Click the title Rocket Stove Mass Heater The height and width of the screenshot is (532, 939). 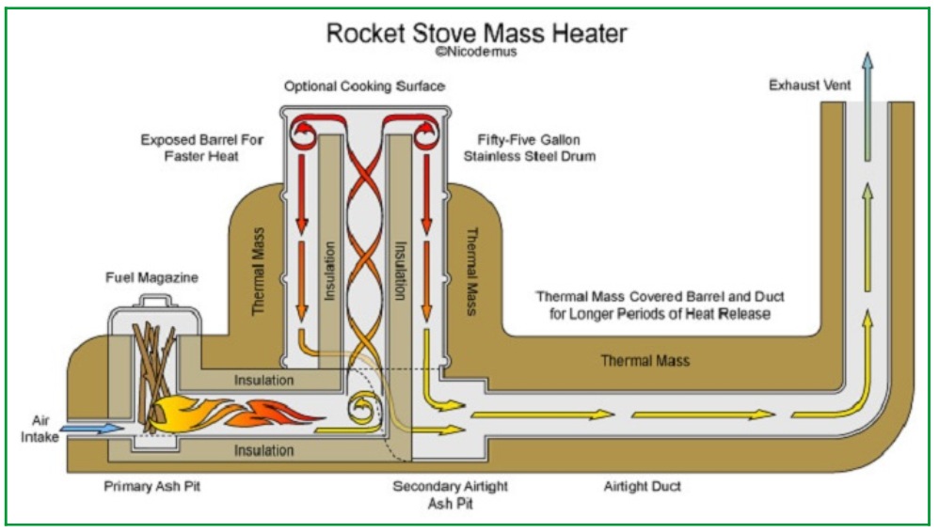476,33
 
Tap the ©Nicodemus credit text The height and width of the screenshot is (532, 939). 475,53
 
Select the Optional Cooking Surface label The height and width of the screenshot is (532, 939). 364,86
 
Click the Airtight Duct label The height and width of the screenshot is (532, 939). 642,486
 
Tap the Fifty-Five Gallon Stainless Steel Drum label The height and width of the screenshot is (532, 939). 529,148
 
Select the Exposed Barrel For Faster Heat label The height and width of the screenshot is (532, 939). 202,148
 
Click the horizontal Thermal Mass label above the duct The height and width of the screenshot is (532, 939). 645,361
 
